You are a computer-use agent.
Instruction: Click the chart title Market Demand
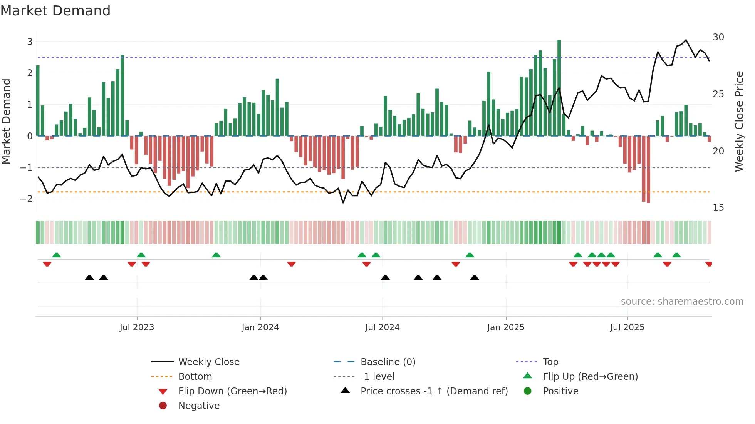[55, 11]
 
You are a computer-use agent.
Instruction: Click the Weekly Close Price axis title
[739, 121]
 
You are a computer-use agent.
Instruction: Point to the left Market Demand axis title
[7, 121]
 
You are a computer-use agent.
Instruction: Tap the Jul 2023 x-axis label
[137, 327]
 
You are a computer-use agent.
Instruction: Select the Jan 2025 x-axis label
[505, 327]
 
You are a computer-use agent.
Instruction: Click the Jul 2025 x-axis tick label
[627, 327]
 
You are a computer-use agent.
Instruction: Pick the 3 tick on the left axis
[30, 42]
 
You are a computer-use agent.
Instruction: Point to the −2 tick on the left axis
[27, 199]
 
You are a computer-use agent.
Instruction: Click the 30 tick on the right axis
[718, 37]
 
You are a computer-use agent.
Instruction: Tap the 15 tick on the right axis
[718, 208]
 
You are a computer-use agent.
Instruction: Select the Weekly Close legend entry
[208, 362]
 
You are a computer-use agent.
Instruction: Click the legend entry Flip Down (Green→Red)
[232, 391]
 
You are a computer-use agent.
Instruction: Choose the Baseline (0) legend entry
[388, 362]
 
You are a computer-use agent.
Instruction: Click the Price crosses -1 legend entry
[434, 391]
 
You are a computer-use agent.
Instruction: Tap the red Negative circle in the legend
[163, 406]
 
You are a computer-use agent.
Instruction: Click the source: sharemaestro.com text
[682, 302]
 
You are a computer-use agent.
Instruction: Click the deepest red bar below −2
[648, 169]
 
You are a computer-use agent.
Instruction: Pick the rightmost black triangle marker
[475, 277]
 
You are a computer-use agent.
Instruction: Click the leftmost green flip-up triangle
[57, 255]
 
